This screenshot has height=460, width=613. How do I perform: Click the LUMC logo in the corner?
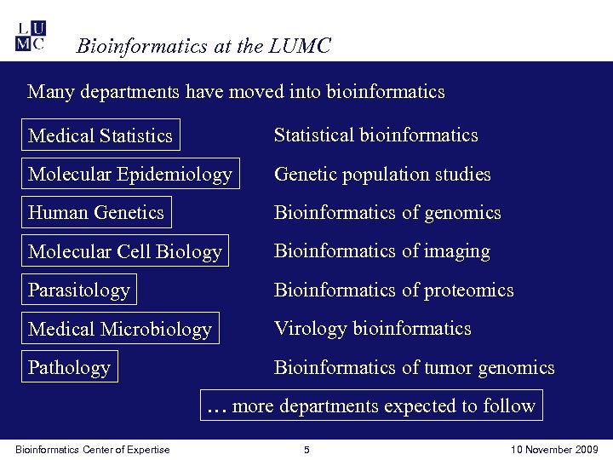click(x=31, y=35)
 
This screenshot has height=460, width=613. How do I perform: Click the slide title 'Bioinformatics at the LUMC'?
click(x=203, y=46)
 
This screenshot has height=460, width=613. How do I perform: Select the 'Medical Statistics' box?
click(x=100, y=135)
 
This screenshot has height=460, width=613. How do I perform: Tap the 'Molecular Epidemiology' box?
click(x=130, y=175)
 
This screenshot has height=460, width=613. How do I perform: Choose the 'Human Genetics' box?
click(x=96, y=213)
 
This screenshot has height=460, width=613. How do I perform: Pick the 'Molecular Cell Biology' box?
click(x=125, y=252)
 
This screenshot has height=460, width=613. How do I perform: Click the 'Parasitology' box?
click(x=79, y=290)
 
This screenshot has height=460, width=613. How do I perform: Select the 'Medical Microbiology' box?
click(x=120, y=329)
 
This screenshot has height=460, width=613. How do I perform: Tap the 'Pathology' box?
click(x=69, y=368)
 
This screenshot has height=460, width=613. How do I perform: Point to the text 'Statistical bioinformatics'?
click(x=375, y=135)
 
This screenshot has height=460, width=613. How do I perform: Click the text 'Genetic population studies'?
click(x=382, y=175)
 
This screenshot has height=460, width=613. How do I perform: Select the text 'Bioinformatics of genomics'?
click(x=387, y=213)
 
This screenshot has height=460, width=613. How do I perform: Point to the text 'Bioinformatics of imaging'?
click(x=381, y=251)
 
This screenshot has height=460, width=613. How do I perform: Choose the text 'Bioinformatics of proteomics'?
click(x=393, y=290)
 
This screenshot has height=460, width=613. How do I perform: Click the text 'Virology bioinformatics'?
click(x=372, y=329)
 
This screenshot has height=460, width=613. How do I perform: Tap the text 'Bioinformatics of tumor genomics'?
click(x=414, y=368)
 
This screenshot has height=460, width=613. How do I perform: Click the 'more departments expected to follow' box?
click(x=371, y=405)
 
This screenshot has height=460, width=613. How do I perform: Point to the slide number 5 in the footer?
click(x=306, y=450)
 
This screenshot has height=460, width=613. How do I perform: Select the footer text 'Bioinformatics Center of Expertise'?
click(x=93, y=450)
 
